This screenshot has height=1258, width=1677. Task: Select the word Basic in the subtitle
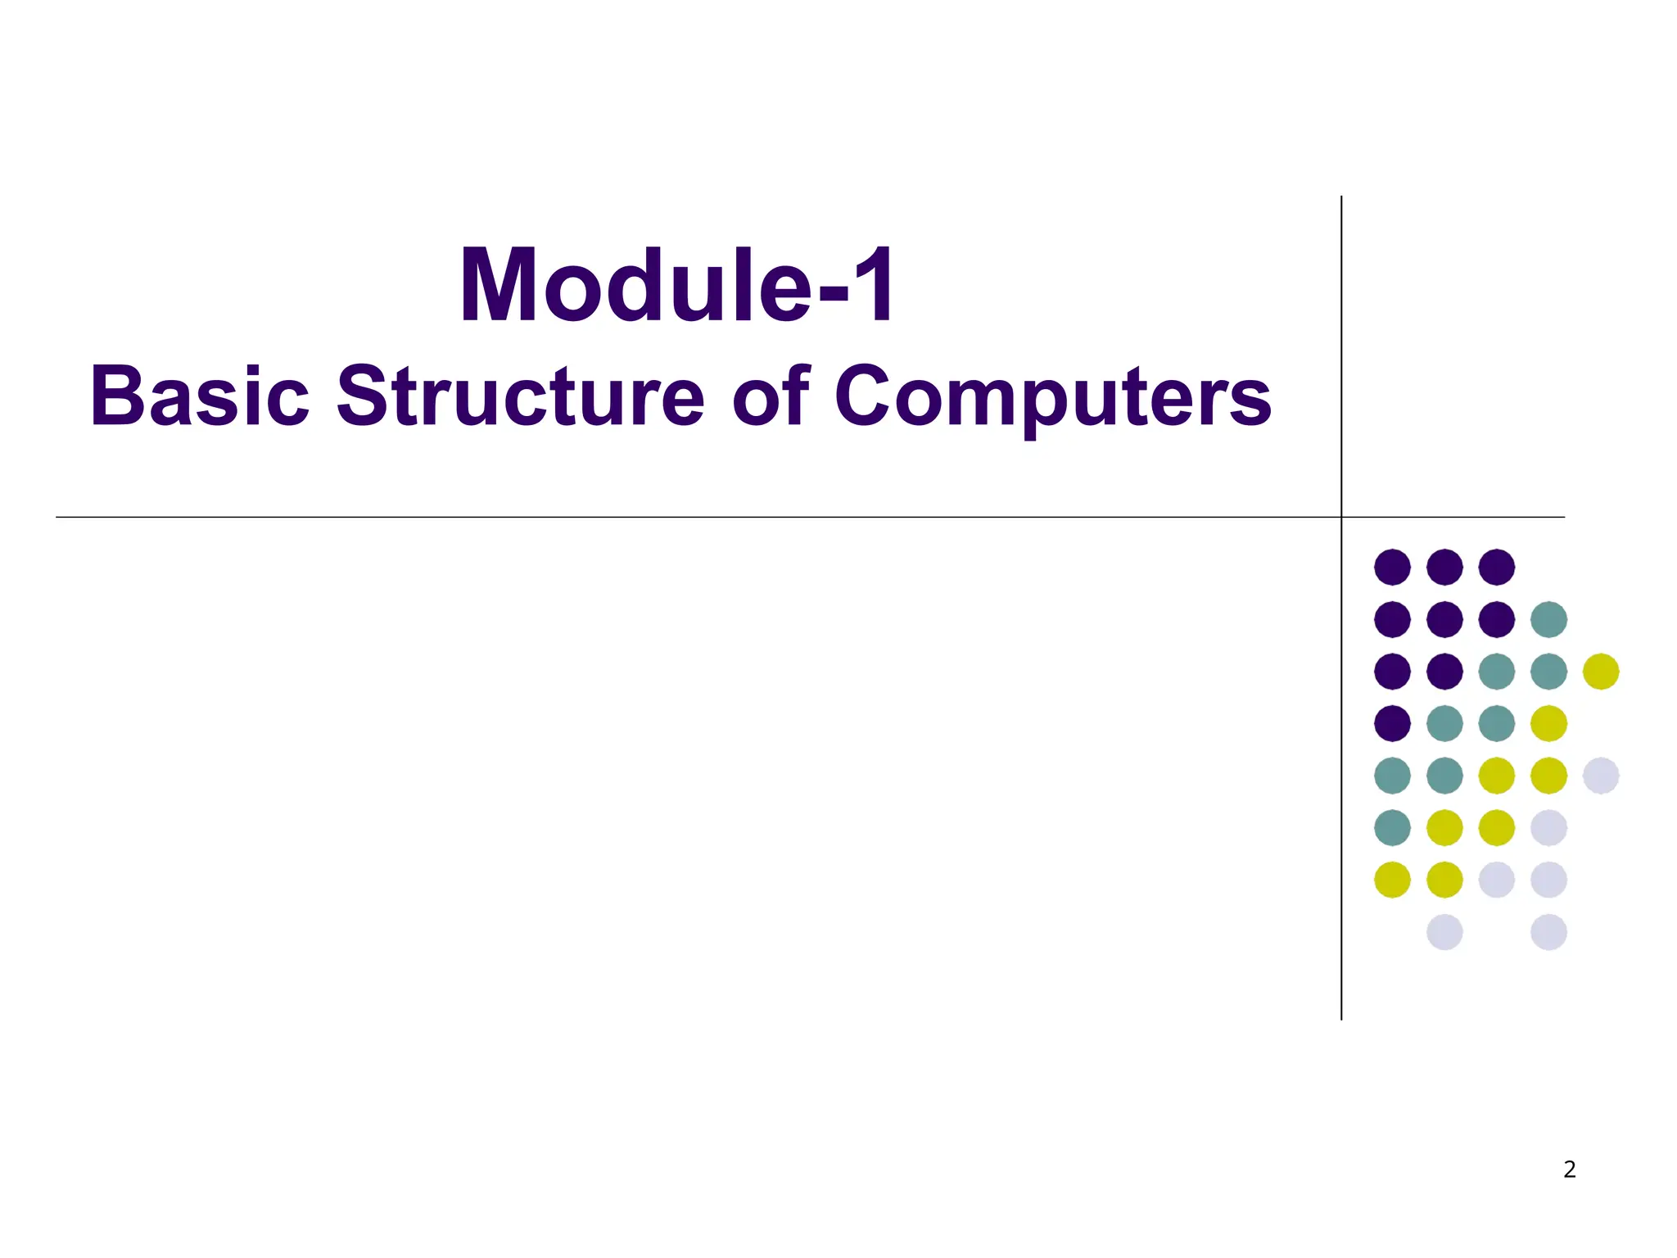tap(200, 397)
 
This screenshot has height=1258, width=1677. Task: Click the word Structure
tap(520, 397)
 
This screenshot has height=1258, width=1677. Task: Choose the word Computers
tap(1052, 397)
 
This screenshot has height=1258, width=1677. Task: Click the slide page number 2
tap(1569, 1170)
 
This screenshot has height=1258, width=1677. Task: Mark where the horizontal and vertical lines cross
tap(1341, 517)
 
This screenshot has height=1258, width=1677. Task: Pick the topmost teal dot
tap(1548, 619)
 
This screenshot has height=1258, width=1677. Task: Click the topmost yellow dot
tap(1601, 672)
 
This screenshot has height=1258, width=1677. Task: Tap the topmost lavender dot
tap(1601, 776)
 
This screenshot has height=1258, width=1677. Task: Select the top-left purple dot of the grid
tap(1392, 567)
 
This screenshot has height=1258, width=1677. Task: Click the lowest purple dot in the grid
tap(1392, 723)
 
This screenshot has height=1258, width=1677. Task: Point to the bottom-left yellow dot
tap(1392, 880)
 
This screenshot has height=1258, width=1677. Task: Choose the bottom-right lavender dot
tap(1548, 932)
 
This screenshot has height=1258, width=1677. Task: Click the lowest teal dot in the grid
tap(1392, 827)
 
